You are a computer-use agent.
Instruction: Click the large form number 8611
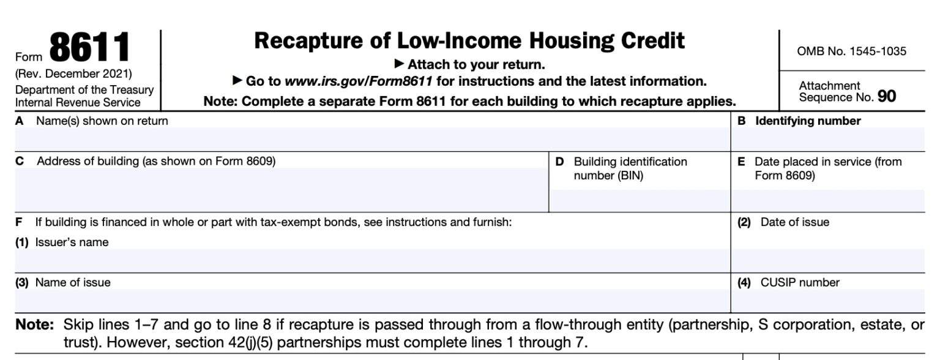tap(89, 48)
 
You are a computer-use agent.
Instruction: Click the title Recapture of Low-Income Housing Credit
tap(469, 41)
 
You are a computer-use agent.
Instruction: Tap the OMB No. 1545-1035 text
tap(851, 51)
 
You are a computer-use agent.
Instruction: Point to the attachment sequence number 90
tap(886, 96)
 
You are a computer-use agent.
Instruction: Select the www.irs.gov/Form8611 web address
tap(359, 81)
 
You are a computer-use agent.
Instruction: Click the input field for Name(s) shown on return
tap(372, 140)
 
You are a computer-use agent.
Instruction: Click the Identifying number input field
tap(828, 140)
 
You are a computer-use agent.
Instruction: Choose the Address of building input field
tap(282, 190)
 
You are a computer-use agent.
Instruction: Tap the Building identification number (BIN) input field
tap(640, 201)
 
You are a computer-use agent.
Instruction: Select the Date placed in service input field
tap(828, 201)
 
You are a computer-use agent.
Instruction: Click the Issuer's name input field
tap(372, 260)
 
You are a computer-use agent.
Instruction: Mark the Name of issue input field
tap(372, 300)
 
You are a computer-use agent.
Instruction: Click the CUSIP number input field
tap(828, 300)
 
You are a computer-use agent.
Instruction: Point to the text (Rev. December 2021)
tap(73, 75)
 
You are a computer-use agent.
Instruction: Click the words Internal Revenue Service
tap(78, 102)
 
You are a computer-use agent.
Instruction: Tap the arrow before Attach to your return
tap(399, 64)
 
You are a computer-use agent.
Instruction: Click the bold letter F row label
tap(19, 222)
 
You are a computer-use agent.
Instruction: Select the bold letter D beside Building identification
tap(559, 162)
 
